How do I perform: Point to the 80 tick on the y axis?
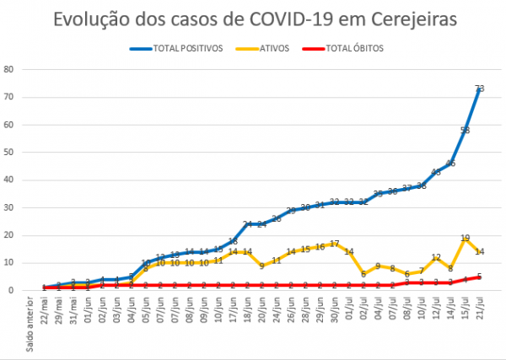(9, 69)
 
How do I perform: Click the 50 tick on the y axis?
(9, 152)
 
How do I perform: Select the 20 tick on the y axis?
(9, 235)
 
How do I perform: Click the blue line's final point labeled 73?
(479, 89)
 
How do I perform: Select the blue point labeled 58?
(465, 130)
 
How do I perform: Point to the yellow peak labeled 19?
(465, 239)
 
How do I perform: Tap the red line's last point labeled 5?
(479, 277)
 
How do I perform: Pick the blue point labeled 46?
(450, 164)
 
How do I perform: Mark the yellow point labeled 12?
(436, 258)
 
